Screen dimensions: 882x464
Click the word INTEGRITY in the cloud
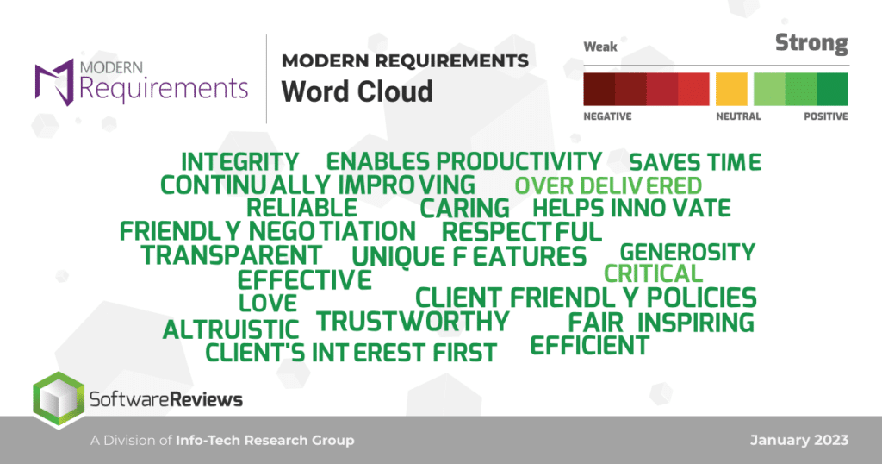pyautogui.click(x=239, y=162)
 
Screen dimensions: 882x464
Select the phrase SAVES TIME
pyautogui.click(x=695, y=162)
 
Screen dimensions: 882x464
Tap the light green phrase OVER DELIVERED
pyautogui.click(x=608, y=185)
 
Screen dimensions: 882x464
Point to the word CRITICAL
pyautogui.click(x=653, y=274)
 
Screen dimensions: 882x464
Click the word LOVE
pyautogui.click(x=268, y=304)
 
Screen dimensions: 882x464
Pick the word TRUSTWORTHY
pyautogui.click(x=413, y=322)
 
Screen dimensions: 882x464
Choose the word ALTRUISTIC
pyautogui.click(x=231, y=330)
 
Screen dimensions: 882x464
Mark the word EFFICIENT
pyautogui.click(x=589, y=345)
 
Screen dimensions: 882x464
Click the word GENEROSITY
pyautogui.click(x=687, y=253)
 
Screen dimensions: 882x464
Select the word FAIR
pyautogui.click(x=596, y=323)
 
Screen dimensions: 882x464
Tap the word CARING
pyautogui.click(x=464, y=209)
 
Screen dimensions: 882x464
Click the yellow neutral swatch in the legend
pyautogui.click(x=731, y=89)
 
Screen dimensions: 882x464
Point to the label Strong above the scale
pyautogui.click(x=811, y=43)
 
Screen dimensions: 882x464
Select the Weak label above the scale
pyautogui.click(x=600, y=47)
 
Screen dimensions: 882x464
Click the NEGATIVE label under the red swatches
pyautogui.click(x=607, y=116)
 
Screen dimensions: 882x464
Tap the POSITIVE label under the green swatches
pyautogui.click(x=826, y=116)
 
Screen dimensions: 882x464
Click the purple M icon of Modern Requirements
pyautogui.click(x=54, y=82)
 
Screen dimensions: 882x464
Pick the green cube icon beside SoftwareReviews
pyautogui.click(x=59, y=399)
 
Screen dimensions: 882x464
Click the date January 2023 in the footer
pyautogui.click(x=799, y=441)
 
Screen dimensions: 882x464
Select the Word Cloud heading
pyautogui.click(x=357, y=91)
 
